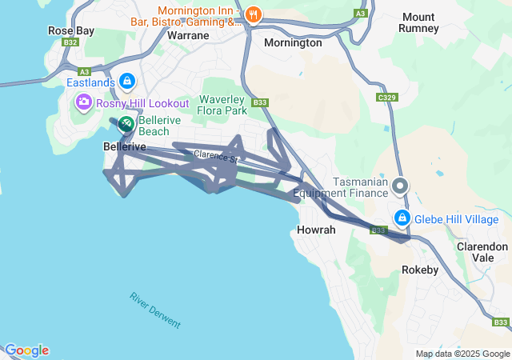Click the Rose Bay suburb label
click(x=70, y=30)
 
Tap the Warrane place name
click(x=187, y=35)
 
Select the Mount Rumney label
click(x=418, y=22)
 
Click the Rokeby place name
click(x=420, y=270)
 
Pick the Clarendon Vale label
click(x=482, y=253)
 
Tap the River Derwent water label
click(x=155, y=310)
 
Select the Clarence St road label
click(x=215, y=157)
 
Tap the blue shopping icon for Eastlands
click(x=126, y=81)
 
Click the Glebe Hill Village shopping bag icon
click(x=402, y=218)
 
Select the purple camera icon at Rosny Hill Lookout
click(x=83, y=103)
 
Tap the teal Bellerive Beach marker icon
click(x=126, y=125)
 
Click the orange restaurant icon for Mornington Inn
click(x=254, y=14)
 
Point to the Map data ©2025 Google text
click(x=462, y=354)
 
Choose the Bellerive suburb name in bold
click(x=125, y=147)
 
